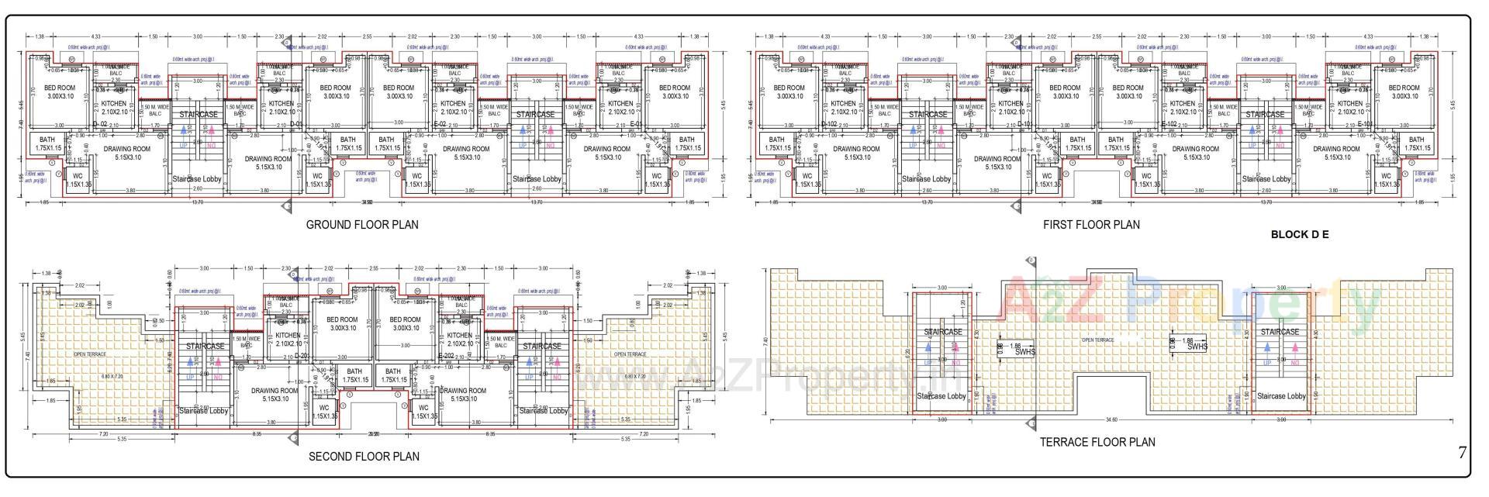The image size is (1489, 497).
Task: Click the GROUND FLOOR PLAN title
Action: pyautogui.click(x=361, y=225)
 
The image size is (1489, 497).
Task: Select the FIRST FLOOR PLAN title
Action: pyautogui.click(x=1091, y=225)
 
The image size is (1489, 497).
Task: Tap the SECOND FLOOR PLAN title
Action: pyautogui.click(x=364, y=457)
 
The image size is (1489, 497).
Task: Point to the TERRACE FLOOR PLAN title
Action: pyautogui.click(x=1097, y=442)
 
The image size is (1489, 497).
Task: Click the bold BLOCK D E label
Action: pyautogui.click(x=1300, y=234)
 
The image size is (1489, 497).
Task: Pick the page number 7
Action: pyautogui.click(x=1463, y=453)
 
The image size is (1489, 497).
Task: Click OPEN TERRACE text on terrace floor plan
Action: pyautogui.click(x=1097, y=340)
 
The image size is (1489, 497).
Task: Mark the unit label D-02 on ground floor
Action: pyautogui.click(x=100, y=124)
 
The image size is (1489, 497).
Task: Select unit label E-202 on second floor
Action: pyautogui.click(x=446, y=356)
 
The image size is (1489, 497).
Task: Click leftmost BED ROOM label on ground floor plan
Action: pyautogui.click(x=60, y=88)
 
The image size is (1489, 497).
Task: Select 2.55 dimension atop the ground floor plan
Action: pyautogui.click(x=367, y=37)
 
